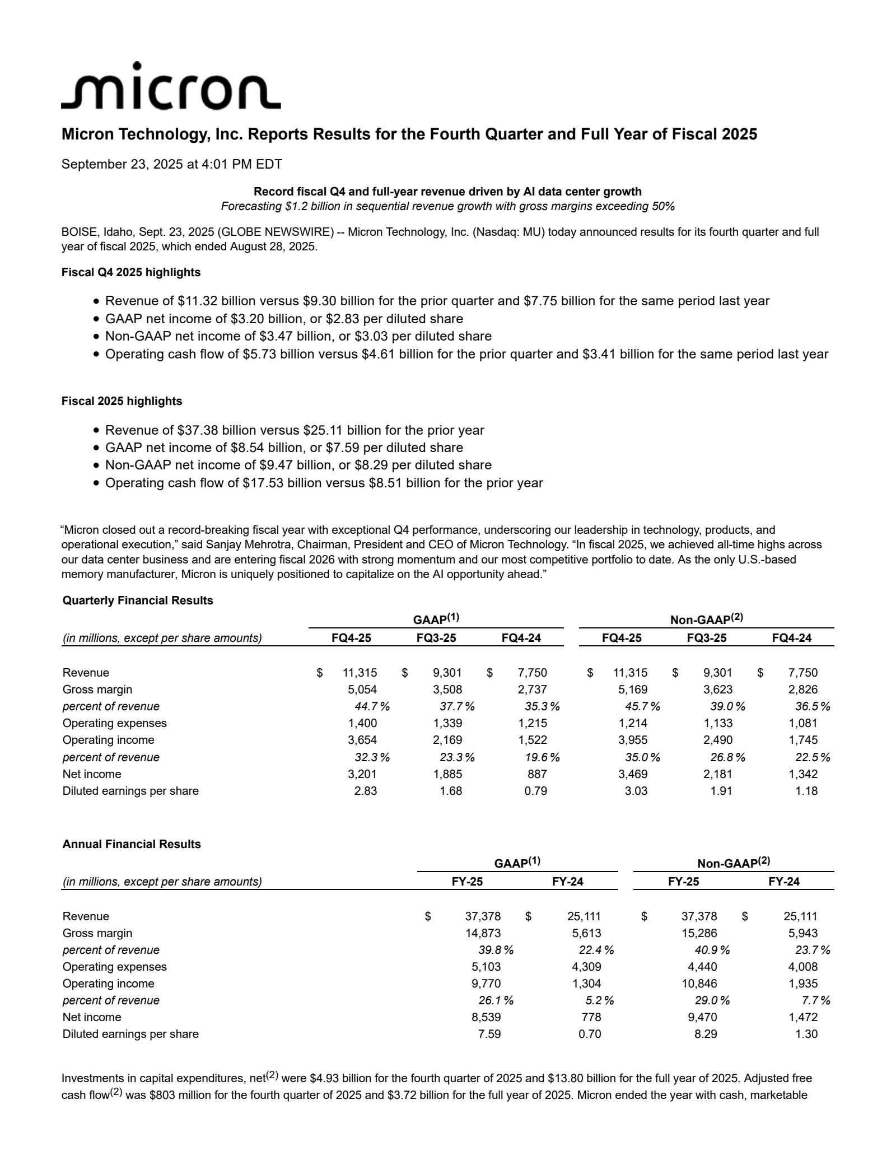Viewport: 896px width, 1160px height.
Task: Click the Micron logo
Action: [x=170, y=87]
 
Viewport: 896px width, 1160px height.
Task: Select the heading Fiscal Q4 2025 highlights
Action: [x=131, y=272]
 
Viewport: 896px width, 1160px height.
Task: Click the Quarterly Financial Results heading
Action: [x=138, y=600]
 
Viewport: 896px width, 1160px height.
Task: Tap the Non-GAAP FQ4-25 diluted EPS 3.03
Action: [x=636, y=791]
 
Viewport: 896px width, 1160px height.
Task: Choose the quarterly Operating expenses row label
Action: [x=115, y=723]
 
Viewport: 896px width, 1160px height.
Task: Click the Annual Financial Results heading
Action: [x=132, y=844]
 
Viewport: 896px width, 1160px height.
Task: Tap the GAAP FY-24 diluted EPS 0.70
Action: [x=590, y=1034]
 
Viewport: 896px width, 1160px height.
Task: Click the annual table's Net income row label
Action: [x=92, y=1017]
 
